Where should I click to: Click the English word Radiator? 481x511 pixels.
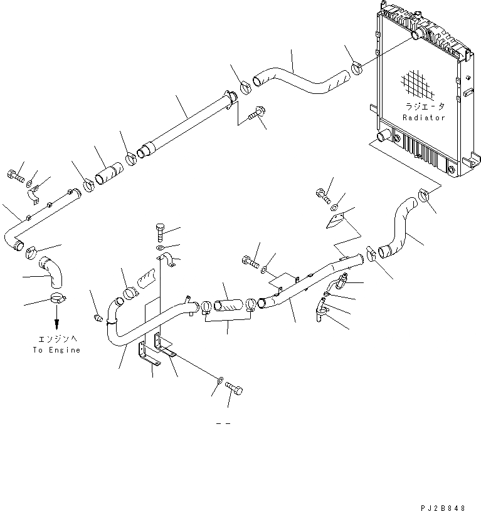tap(423, 117)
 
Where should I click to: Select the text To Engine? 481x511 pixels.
tap(56, 350)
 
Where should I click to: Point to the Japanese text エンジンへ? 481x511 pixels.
tap(56, 339)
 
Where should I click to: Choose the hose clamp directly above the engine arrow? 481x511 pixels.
tap(56, 299)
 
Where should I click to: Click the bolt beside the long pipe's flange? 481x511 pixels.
tap(255, 115)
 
